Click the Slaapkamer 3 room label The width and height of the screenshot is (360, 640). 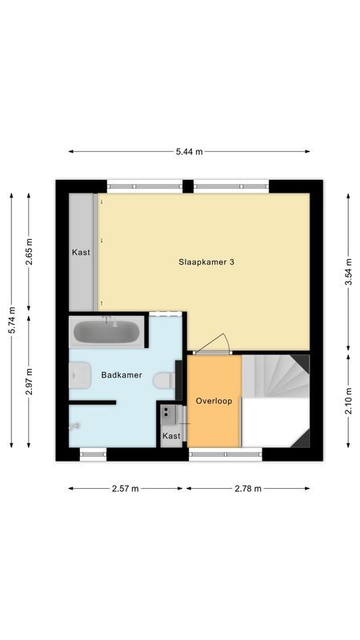206,262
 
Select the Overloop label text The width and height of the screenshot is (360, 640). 214,401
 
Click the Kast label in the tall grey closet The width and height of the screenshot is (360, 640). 81,252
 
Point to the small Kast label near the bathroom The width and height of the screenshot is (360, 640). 171,436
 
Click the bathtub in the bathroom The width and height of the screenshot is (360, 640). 107,331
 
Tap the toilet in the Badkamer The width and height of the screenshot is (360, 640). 165,379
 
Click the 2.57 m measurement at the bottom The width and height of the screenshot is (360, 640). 126,488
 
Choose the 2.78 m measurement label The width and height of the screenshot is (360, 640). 248,488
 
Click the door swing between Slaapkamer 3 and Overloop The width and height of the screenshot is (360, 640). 213,344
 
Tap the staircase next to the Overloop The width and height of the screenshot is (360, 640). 274,378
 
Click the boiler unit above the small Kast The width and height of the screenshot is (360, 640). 169,414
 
